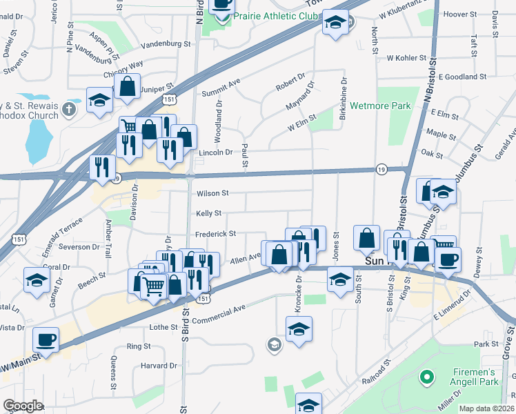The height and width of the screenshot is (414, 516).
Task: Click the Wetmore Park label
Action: tap(380, 106)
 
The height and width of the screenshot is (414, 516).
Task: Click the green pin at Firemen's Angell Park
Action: tap(427, 377)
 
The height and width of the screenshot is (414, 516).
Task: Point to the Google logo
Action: tap(23, 406)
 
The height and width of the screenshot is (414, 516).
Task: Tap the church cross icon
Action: tap(69, 108)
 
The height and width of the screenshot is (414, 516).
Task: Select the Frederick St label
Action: tap(215, 234)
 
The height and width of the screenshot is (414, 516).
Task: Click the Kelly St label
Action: tap(208, 214)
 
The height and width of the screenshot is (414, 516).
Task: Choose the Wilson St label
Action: tap(212, 194)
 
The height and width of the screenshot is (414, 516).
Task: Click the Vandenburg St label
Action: tap(165, 43)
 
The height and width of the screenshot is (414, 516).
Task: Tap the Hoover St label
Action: tap(462, 14)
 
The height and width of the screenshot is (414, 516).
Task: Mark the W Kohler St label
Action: tap(408, 58)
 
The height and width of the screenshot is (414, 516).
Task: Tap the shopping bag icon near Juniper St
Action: tap(127, 87)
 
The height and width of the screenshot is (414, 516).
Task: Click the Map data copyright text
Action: tap(486, 408)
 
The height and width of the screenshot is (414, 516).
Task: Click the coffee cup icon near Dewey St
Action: tap(448, 259)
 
